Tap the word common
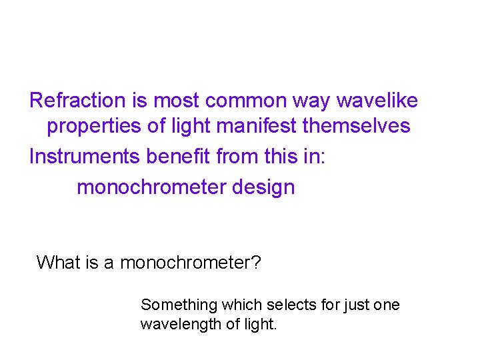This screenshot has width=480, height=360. coord(247,101)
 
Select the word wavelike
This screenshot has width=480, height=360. coord(377,101)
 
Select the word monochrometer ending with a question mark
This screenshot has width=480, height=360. coord(191,263)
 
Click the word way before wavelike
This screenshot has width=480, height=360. coord(312,101)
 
